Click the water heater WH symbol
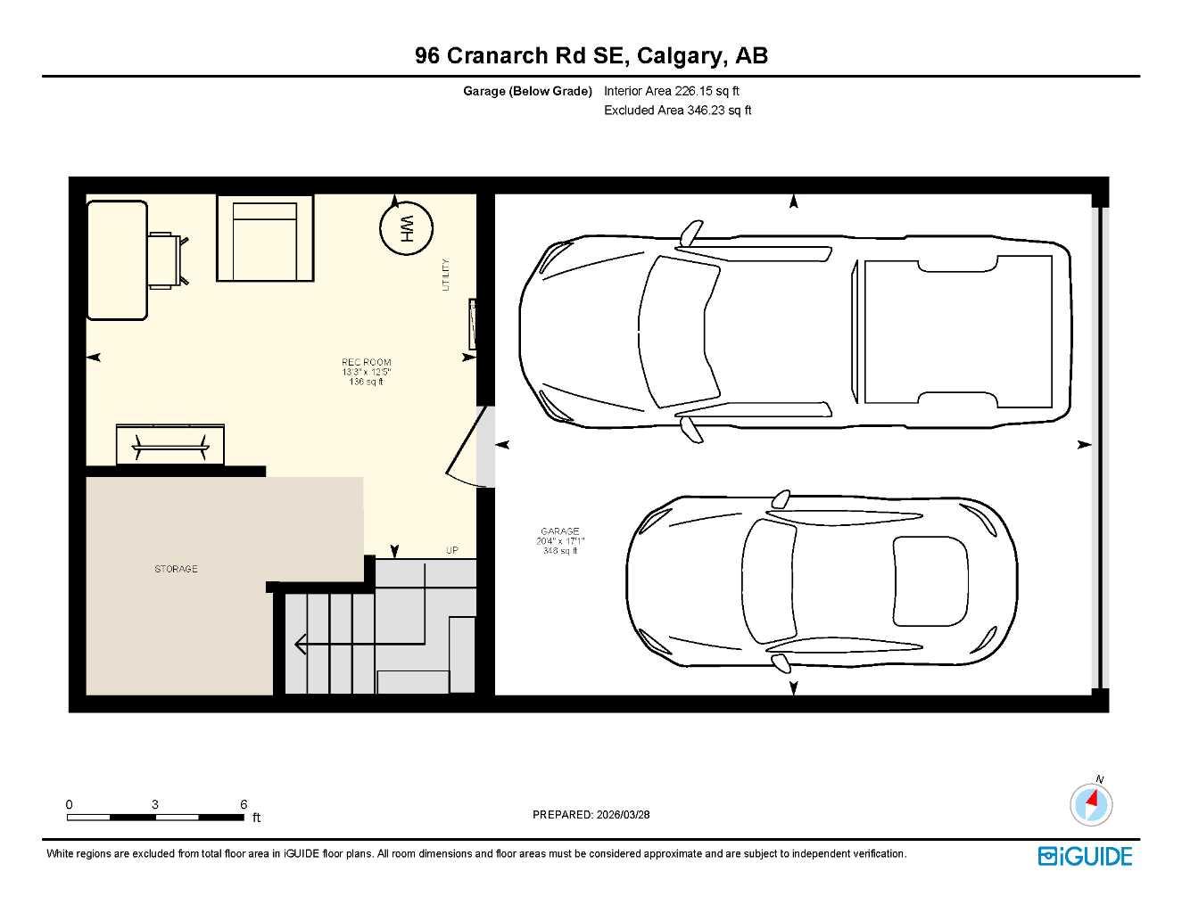[406, 229]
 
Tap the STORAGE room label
[176, 569]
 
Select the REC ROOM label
[366, 363]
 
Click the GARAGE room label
[559, 531]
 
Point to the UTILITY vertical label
[446, 275]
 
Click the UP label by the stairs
[452, 550]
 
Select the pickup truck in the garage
[794, 330]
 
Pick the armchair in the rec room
[264, 239]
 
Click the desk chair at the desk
[167, 259]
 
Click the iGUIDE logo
[1085, 856]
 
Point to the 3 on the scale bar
[155, 804]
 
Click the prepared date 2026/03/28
[623, 814]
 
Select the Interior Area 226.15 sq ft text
[671, 91]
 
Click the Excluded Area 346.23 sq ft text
[677, 111]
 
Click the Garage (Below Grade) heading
[527, 91]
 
